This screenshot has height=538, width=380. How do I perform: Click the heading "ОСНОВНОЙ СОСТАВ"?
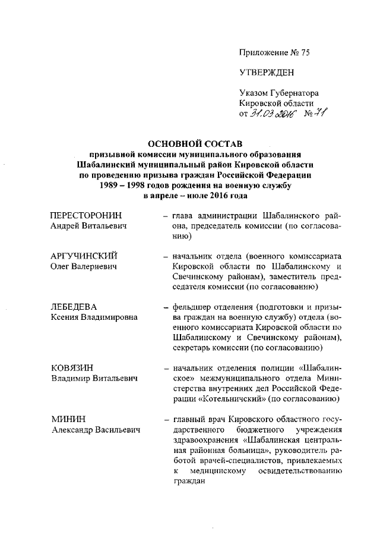(x=195, y=144)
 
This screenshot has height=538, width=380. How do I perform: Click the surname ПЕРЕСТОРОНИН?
(x=89, y=214)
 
